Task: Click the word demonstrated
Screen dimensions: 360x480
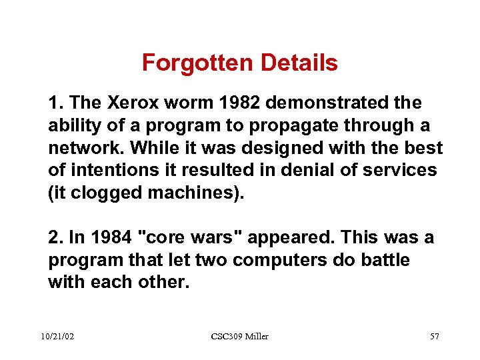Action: point(325,103)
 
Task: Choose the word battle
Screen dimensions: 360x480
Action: point(383,261)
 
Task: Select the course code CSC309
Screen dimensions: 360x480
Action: point(226,337)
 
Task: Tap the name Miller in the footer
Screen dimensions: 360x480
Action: point(257,337)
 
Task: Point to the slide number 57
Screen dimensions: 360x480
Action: point(434,337)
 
